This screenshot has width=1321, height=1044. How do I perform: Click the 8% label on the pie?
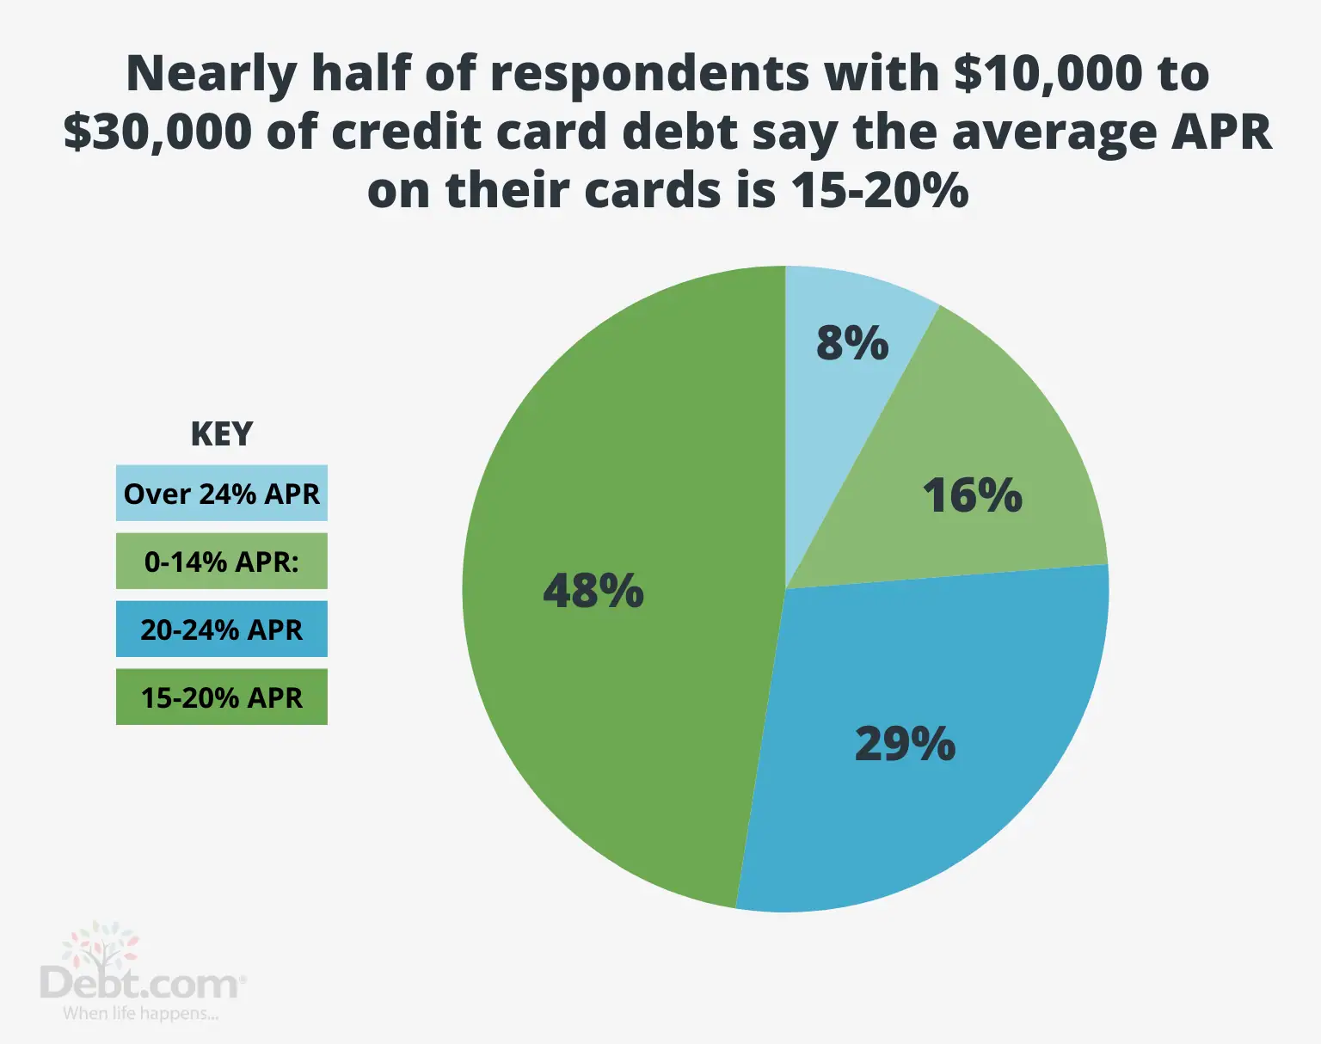tap(851, 343)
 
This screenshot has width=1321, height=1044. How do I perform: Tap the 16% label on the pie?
tap(972, 495)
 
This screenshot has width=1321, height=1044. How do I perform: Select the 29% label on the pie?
tap(905, 744)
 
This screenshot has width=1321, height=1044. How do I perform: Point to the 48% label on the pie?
tap(593, 591)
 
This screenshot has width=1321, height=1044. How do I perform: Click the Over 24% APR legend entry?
tap(222, 494)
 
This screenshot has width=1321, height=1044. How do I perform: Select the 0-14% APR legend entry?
tap(222, 562)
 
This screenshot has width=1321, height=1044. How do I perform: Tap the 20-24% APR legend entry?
tap(222, 629)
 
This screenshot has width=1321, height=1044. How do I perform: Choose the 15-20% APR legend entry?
tap(222, 697)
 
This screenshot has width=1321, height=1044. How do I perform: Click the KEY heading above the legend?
tap(222, 434)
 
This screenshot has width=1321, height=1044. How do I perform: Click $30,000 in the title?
tap(158, 132)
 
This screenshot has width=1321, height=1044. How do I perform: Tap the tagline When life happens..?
tap(140, 1014)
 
